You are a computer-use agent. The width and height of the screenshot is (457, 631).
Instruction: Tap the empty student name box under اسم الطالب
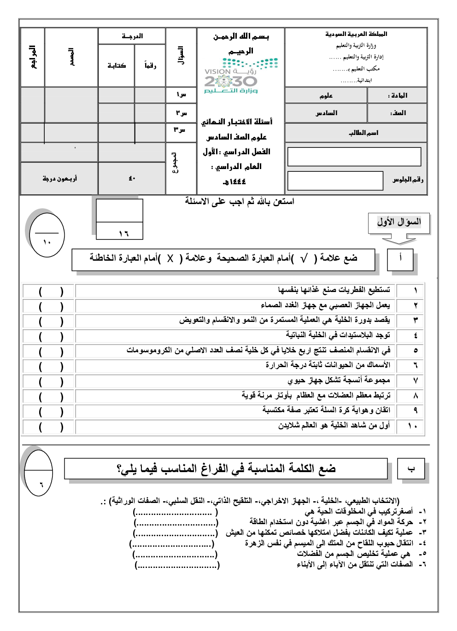coord(354,157)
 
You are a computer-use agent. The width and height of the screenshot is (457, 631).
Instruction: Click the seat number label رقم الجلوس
coord(407,179)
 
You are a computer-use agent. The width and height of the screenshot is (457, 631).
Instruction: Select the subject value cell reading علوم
coord(326,95)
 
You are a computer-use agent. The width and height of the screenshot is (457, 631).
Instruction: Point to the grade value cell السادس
coord(326,113)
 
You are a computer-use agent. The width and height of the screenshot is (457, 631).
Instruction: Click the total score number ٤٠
coord(132,179)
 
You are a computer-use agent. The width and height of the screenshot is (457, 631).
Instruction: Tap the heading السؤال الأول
coord(399,222)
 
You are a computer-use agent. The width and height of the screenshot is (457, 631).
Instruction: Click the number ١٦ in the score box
coord(123,234)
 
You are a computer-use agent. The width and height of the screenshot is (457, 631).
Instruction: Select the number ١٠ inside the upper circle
coord(47,242)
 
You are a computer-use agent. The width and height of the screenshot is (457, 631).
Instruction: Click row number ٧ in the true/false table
coord(415,381)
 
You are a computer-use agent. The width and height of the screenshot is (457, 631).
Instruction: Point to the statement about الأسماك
coord(328,365)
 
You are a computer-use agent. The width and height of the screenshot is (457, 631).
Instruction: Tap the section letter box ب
coord(411,469)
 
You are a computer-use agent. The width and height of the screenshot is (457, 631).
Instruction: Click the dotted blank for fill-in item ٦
coord(177,565)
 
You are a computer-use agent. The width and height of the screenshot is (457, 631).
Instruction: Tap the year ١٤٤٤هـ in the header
coord(234,182)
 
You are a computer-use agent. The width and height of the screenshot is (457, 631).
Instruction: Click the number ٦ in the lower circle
coord(41,485)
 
